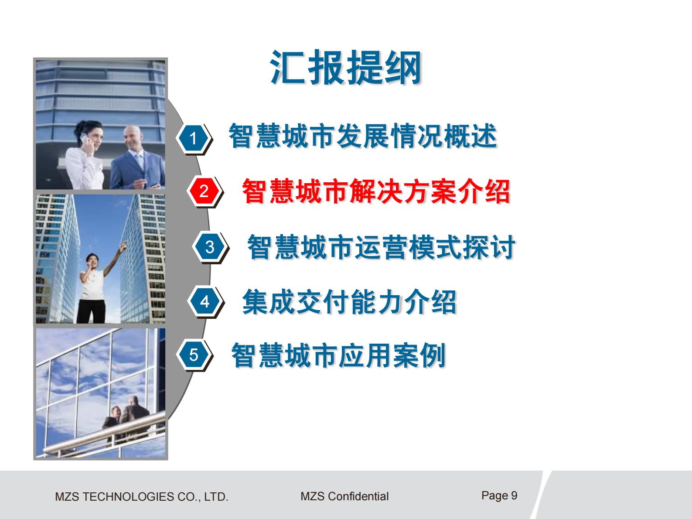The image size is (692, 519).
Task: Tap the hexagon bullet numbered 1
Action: (193, 139)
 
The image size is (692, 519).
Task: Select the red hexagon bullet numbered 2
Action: (204, 191)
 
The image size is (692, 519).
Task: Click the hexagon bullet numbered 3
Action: (210, 247)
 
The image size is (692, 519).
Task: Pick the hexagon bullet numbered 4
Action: (205, 301)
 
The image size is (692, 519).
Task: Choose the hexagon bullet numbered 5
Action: (194, 355)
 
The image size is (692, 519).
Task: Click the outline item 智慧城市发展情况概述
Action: (363, 136)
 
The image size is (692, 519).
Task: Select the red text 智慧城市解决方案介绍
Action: (376, 191)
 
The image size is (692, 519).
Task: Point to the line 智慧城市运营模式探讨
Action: (381, 247)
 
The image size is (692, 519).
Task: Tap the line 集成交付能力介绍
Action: (349, 301)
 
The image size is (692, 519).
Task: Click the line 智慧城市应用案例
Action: (338, 355)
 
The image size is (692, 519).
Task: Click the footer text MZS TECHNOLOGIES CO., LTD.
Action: (141, 496)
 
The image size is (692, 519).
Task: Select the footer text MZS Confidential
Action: (344, 496)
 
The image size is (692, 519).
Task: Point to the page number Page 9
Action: (499, 495)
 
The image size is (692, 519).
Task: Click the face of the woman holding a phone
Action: (93, 135)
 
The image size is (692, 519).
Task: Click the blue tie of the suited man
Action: (140, 161)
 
